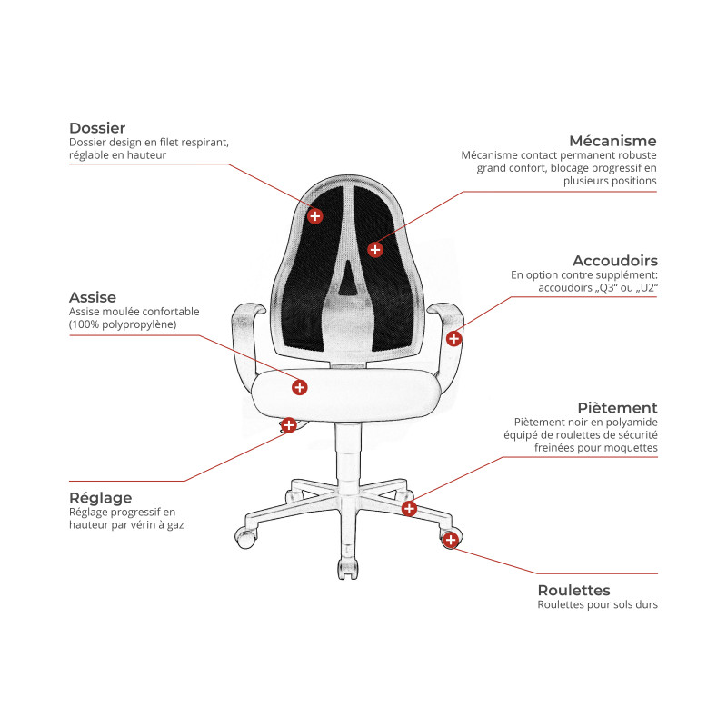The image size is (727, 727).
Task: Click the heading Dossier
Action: tap(97, 128)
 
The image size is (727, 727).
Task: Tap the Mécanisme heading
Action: tap(612, 141)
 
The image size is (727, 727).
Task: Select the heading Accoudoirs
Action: tap(615, 260)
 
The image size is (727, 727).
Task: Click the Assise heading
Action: tap(93, 297)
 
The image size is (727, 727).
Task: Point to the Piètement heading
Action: tap(618, 407)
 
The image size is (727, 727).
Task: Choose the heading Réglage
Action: tap(101, 498)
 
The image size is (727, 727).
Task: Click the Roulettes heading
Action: tap(574, 590)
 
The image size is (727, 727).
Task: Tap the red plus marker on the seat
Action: tap(300, 387)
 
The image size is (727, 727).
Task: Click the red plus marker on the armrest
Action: tap(453, 338)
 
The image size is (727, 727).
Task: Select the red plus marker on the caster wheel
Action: tap(451, 540)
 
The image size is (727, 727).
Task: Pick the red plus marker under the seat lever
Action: tap(288, 424)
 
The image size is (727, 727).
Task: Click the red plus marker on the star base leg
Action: tap(409, 509)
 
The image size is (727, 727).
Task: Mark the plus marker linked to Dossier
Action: tap(314, 215)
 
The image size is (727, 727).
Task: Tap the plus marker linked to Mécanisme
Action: tap(375, 250)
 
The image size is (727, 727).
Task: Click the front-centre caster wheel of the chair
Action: tap(348, 568)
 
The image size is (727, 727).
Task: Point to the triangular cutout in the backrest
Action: tap(348, 278)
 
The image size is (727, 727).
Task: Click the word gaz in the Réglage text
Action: tap(175, 525)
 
